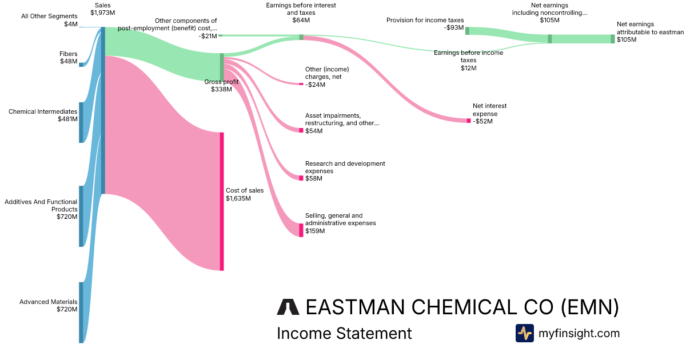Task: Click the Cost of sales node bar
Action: click(222, 201)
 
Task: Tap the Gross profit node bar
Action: click(222, 67)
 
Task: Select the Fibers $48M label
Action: click(69, 58)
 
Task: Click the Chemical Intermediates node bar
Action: click(81, 122)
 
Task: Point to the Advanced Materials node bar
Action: click(81, 312)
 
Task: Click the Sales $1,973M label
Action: click(103, 9)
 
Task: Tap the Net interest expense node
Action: click(469, 121)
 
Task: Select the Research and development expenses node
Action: click(301, 178)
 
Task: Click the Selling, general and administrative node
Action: click(301, 230)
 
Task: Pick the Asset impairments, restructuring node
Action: click(301, 130)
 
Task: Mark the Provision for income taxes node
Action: click(467, 31)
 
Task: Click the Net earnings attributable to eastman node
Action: click(613, 39)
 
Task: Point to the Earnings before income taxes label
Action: click(468, 60)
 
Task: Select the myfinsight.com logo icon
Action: click(524, 333)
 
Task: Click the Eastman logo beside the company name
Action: click(288, 307)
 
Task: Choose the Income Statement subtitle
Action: click(344, 333)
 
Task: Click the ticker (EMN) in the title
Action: click(589, 307)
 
